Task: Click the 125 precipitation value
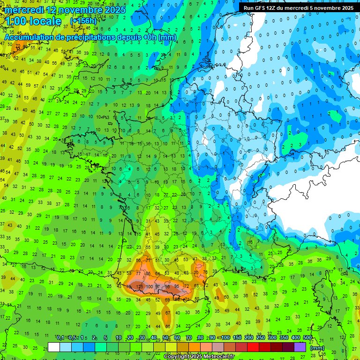(139, 286)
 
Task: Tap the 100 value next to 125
(150, 286)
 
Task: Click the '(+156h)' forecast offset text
(83, 22)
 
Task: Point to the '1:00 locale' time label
(33, 22)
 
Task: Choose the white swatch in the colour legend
(54, 347)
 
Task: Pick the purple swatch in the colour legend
(300, 347)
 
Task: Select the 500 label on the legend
(307, 337)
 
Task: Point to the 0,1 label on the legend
(60, 337)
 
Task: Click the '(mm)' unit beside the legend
(317, 348)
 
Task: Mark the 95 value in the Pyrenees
(176, 286)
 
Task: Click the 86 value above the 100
(148, 273)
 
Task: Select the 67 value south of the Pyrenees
(167, 313)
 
